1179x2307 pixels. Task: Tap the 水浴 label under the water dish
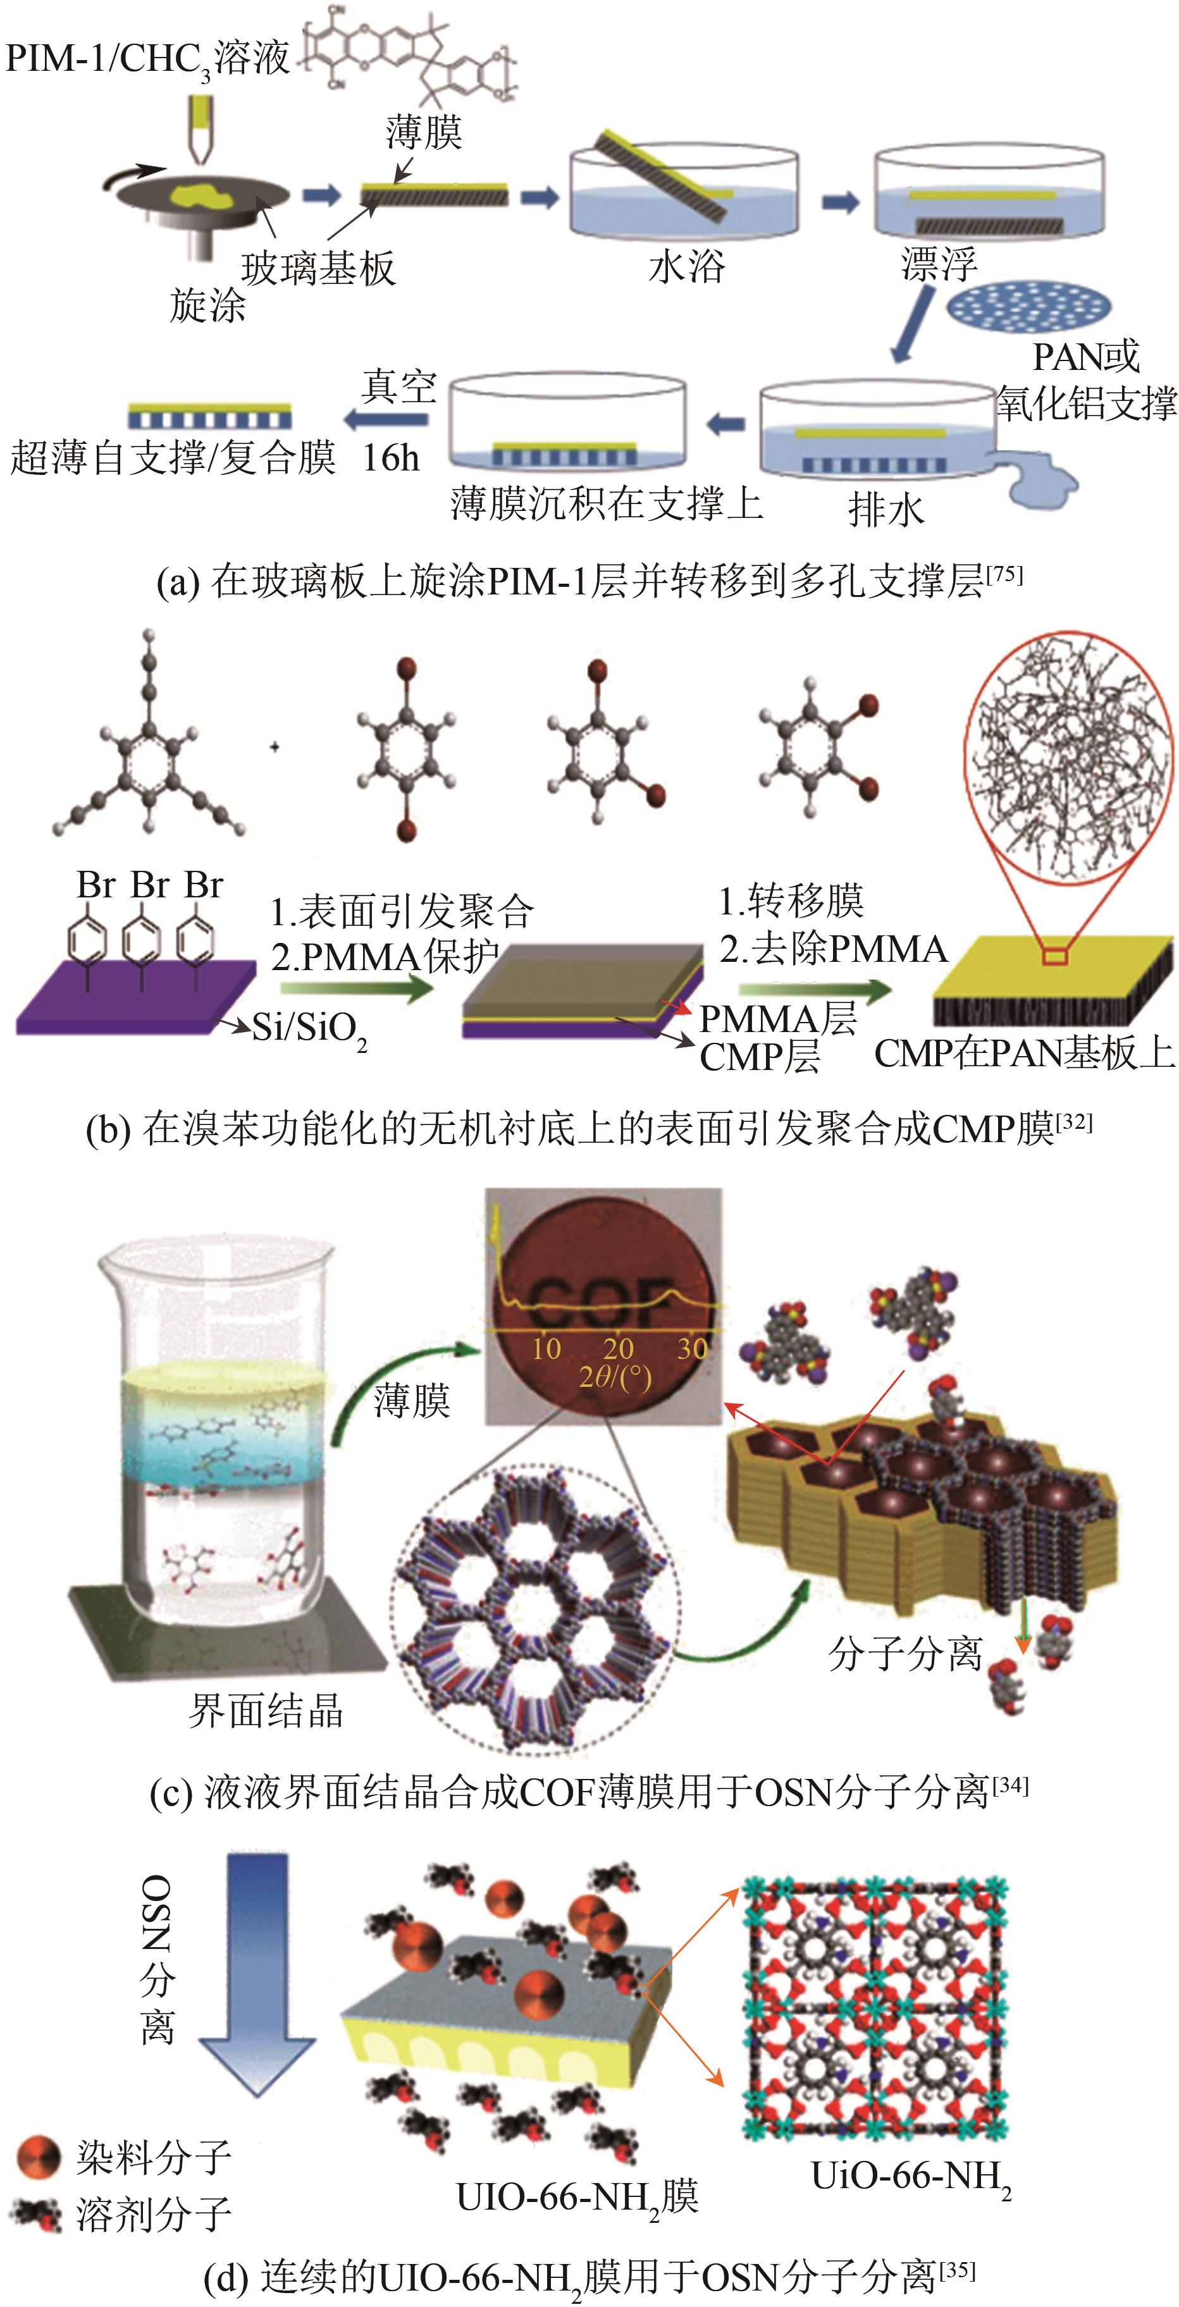tap(686, 267)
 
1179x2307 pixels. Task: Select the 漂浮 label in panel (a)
tap(938, 264)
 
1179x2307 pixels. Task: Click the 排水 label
tap(885, 512)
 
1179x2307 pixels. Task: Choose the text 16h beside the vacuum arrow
tap(391, 458)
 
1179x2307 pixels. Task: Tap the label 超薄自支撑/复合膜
tap(172, 458)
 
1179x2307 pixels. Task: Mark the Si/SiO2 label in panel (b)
tap(309, 1029)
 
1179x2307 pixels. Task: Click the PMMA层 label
tap(777, 1018)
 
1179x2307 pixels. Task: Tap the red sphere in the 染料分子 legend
tap(39, 2158)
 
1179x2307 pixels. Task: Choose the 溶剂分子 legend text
tap(153, 2214)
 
